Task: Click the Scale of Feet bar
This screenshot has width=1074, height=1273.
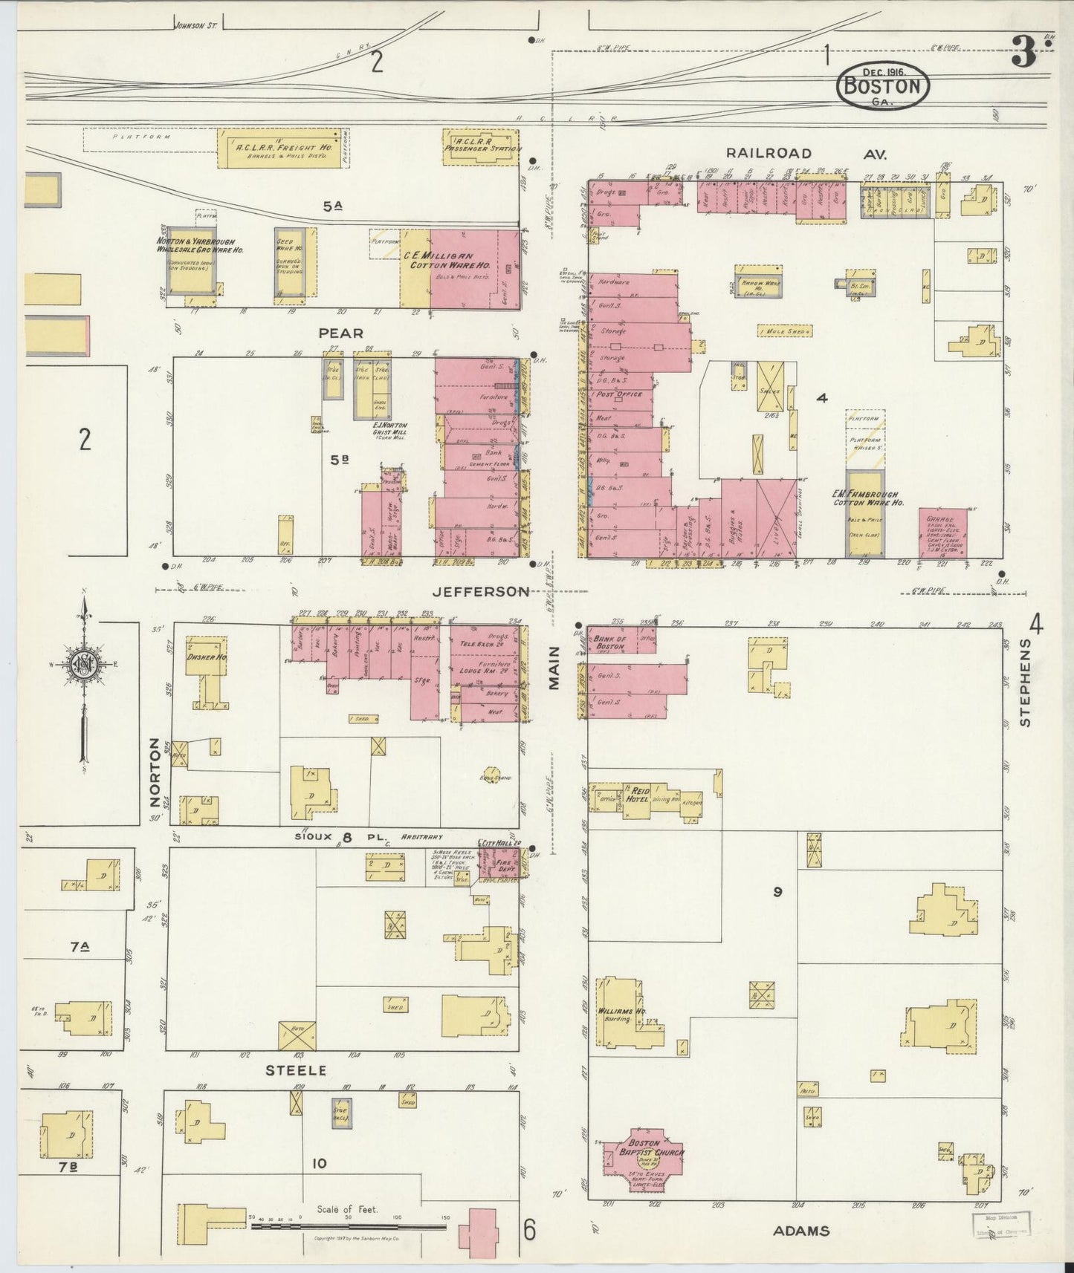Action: click(349, 1226)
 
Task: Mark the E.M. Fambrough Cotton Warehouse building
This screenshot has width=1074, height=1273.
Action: click(865, 512)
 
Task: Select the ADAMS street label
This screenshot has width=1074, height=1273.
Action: click(800, 1231)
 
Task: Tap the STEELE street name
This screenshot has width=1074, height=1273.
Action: click(297, 1070)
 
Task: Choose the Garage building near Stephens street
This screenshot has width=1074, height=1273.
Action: click(942, 531)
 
